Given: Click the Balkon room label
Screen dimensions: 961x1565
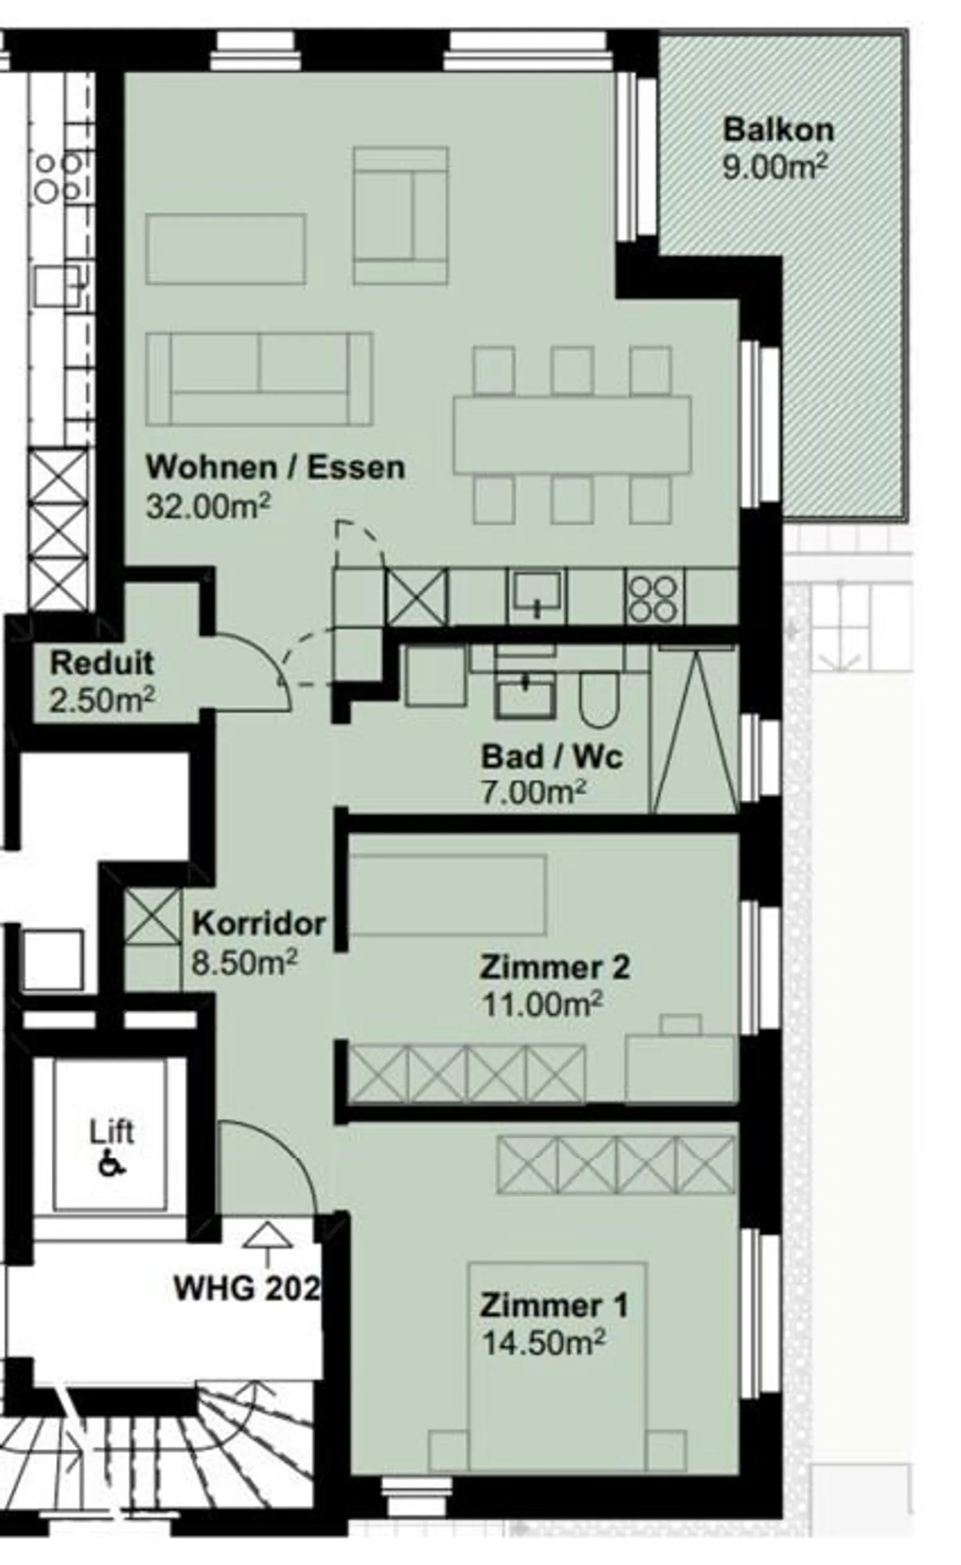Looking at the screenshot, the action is [778, 129].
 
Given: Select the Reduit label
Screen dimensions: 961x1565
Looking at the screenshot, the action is [102, 663].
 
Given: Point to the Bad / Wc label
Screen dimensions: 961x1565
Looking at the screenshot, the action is [552, 757].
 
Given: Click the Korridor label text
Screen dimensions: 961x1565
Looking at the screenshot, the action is [259, 924].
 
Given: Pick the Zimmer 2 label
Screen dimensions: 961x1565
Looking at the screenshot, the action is [555, 967].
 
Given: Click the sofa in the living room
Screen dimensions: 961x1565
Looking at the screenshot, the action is [259, 379].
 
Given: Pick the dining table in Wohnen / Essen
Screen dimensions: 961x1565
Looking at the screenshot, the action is [572, 435].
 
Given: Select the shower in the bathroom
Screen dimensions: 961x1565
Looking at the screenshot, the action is [694, 729].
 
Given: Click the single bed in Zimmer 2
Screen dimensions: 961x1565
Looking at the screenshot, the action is [448, 894].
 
